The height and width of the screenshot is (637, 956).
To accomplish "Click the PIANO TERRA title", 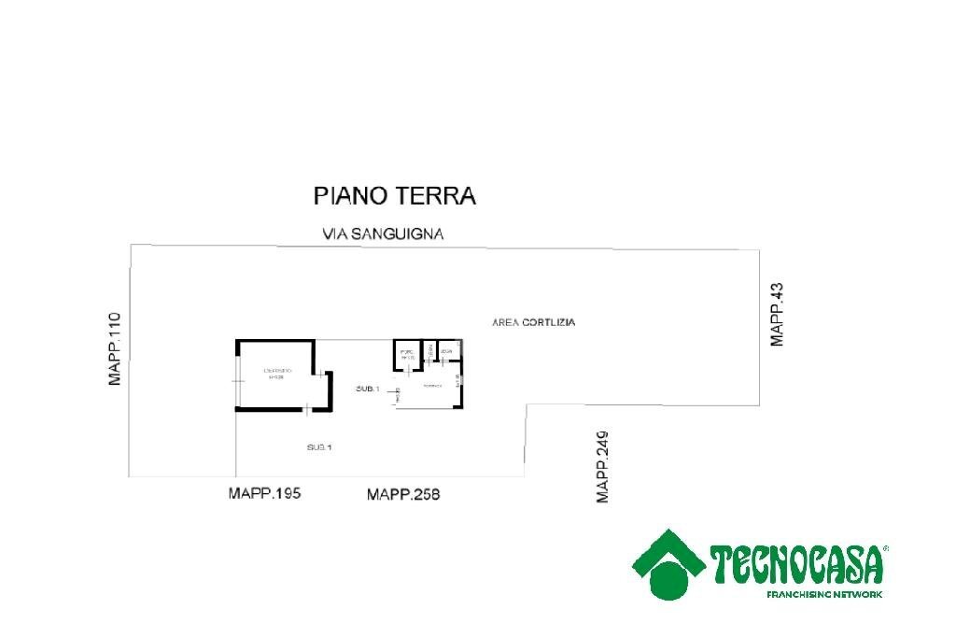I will pos(394,196).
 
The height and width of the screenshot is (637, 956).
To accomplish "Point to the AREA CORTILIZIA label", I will pos(533,322).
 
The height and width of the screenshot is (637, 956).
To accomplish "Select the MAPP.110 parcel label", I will pos(115,349).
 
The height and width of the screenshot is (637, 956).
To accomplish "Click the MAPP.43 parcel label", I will pos(777,315).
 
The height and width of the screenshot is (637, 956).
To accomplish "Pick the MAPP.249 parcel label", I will pos(603,467).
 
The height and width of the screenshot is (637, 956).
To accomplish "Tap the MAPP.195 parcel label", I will pos(264,493).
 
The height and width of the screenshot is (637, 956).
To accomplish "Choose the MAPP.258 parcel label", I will pos(403,494).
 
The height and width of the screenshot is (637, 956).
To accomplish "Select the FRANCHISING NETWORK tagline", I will pos(824,594).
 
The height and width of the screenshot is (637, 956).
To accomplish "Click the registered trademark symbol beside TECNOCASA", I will pos(885,549).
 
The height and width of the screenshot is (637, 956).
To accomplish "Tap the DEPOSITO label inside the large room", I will pos(277,372).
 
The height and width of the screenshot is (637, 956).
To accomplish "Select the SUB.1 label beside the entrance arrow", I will pos(367,389).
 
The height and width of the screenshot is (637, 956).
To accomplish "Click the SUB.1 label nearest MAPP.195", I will pos(319,448).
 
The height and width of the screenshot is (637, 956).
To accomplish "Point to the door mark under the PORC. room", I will pos(407,371).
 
